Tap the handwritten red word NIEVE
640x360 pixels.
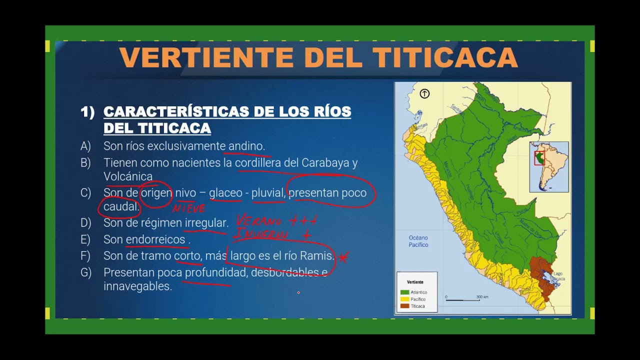coord(188,208)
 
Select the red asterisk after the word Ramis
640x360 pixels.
coord(343,257)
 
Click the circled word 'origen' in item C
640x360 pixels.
coord(156,193)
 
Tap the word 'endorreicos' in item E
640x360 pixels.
coord(155,239)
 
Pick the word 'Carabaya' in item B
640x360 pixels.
coord(325,163)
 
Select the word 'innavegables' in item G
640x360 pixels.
coord(137,286)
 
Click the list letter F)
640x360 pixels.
coord(85,256)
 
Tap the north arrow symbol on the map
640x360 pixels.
coord(424,93)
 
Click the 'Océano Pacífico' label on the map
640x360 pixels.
coord(418,241)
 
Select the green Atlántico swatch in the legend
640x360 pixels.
coord(404,292)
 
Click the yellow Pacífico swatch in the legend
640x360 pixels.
coord(404,299)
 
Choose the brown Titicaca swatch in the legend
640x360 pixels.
coord(404,306)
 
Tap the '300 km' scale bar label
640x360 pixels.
coord(482,297)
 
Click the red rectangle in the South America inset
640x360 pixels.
coord(539,158)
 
